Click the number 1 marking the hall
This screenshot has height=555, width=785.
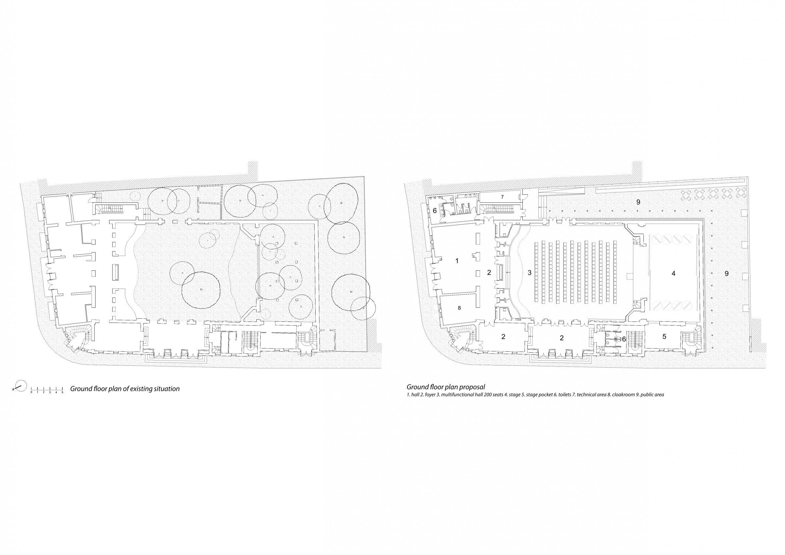(x=457, y=261)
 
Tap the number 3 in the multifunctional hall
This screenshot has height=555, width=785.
(x=530, y=273)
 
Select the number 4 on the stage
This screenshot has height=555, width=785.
(x=673, y=273)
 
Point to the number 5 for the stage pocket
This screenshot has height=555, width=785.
(x=664, y=337)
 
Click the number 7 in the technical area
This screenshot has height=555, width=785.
(x=502, y=197)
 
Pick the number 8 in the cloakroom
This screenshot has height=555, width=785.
(x=459, y=308)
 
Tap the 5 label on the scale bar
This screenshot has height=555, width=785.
(x=62, y=392)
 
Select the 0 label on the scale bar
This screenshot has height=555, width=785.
(x=31, y=392)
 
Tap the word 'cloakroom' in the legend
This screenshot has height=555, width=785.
(x=624, y=395)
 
